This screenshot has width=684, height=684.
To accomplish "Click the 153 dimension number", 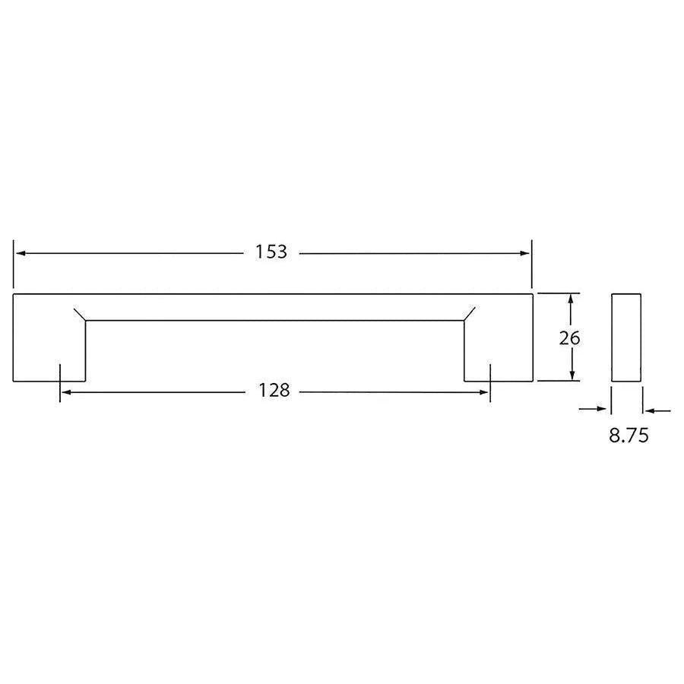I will (271, 252).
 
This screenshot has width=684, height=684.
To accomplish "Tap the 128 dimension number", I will (274, 391).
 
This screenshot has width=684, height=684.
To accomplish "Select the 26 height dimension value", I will (569, 338).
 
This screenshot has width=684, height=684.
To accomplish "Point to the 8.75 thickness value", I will (628, 436).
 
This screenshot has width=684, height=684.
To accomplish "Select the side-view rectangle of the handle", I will (626, 337).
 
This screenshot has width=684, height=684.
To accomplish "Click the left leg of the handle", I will (49, 350).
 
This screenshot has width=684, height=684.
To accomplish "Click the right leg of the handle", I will (498, 350).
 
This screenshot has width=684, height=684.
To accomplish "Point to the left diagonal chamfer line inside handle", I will (79, 315).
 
